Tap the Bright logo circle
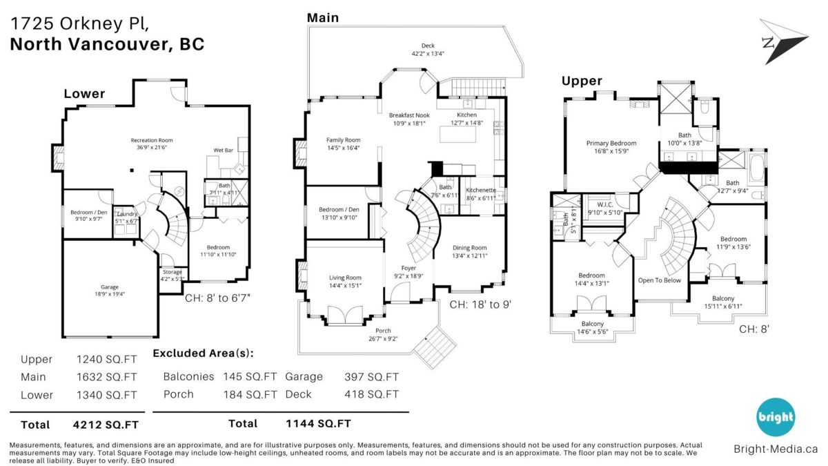(776, 417)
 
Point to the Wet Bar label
(223, 150)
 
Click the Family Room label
(343, 140)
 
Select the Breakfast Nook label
(409, 115)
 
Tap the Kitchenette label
(481, 190)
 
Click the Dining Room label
(469, 248)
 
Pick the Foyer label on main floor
(409, 268)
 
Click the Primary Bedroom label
(611, 144)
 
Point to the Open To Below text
(659, 280)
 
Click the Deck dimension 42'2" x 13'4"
(428, 53)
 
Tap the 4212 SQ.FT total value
(105, 424)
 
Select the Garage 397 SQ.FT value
(371, 376)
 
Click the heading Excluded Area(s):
(203, 353)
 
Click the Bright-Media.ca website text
(775, 449)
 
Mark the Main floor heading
(323, 17)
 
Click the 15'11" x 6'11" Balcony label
(722, 307)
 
